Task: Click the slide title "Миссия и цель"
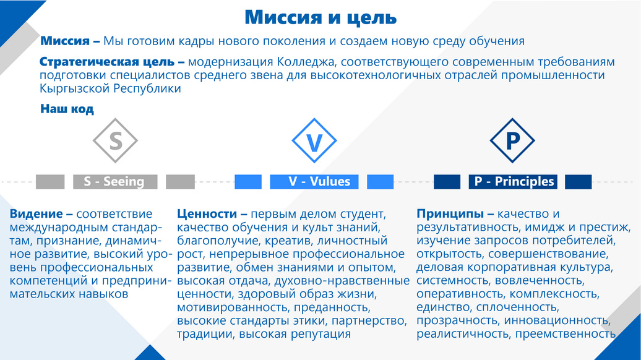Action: pyautogui.click(x=320, y=17)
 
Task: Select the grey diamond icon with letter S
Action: pyautogui.click(x=115, y=140)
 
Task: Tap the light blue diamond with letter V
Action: pyautogui.click(x=314, y=140)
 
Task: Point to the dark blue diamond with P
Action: pyautogui.click(x=512, y=140)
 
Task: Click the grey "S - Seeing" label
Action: pyautogui.click(x=115, y=182)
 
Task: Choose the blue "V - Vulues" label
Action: pyautogui.click(x=314, y=182)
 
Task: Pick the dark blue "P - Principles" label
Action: pyautogui.click(x=513, y=182)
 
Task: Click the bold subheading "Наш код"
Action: pyautogui.click(x=67, y=109)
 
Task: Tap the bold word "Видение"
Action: pyautogui.click(x=37, y=214)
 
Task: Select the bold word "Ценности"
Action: pyautogui.click(x=207, y=214)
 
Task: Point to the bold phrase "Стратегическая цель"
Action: pyautogui.click(x=107, y=62)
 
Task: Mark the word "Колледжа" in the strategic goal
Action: pyautogui.click(x=307, y=62)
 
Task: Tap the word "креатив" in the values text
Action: pyautogui.click(x=285, y=241)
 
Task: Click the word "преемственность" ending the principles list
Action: pyautogui.click(x=566, y=334)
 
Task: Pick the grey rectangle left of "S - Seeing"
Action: pyautogui.click(x=50, y=182)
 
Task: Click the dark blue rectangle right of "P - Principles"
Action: pyautogui.click(x=578, y=182)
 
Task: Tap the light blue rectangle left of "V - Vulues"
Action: pyautogui.click(x=248, y=182)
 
